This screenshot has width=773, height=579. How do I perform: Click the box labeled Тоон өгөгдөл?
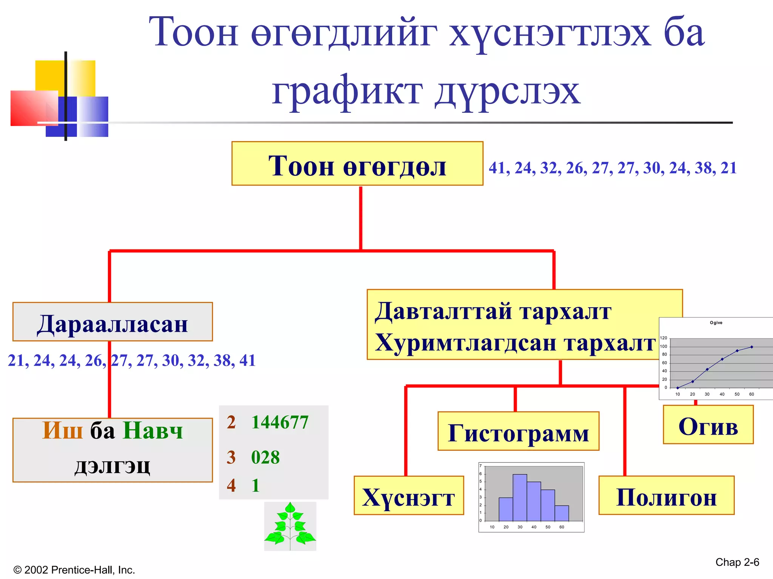coord(357,164)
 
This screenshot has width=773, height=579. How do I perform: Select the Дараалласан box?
coord(112,322)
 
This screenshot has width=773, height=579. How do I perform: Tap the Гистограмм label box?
coord(518,431)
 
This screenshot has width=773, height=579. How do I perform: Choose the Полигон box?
coord(666,495)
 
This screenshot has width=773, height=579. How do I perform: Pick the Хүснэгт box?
coord(408,495)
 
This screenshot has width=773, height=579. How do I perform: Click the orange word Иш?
coord(63,430)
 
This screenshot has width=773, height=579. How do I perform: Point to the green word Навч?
coord(153,430)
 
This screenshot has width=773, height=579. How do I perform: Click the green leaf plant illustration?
coord(290,526)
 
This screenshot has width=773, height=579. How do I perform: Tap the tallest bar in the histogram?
coord(520,498)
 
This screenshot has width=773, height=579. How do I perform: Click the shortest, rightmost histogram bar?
coord(562,513)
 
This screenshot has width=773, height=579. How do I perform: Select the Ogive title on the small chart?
coord(716,323)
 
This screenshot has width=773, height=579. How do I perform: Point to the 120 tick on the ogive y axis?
coord(663,338)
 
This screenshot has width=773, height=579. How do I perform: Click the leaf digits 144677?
coord(280,422)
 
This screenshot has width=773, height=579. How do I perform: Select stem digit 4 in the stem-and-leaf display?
coord(231,485)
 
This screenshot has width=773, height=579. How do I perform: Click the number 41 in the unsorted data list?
coord(497,168)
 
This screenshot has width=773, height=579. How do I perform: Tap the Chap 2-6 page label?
coord(737,562)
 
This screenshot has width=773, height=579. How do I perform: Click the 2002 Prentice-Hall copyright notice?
coord(74,570)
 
